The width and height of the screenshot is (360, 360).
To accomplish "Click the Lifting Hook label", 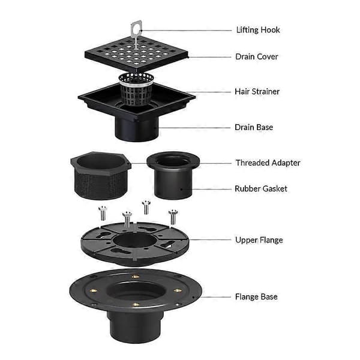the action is (x=258, y=30).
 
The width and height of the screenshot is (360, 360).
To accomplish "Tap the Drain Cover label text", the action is (x=257, y=57).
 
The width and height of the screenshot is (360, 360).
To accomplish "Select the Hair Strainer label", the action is (x=257, y=92).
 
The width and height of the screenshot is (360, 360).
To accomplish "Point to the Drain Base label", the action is (x=254, y=127).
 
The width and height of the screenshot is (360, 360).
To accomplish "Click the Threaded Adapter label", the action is (x=268, y=163).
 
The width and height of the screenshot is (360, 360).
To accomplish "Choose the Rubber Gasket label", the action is (x=261, y=189).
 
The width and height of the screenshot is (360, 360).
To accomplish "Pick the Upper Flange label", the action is (x=259, y=240).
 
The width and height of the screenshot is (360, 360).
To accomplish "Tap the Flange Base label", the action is (x=256, y=296).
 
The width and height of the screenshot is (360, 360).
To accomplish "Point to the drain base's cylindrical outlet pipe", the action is (x=137, y=128).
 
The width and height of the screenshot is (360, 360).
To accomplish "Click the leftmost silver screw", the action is (x=103, y=213).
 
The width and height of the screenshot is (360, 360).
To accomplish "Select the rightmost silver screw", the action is (x=173, y=217).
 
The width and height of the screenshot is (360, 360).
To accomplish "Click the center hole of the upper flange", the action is (x=135, y=242).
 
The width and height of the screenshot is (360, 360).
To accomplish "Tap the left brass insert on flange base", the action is (x=94, y=291).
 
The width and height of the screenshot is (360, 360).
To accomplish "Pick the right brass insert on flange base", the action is (x=178, y=290).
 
